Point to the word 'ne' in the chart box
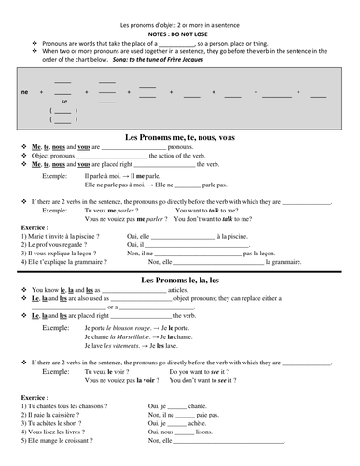coord(25,93)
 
